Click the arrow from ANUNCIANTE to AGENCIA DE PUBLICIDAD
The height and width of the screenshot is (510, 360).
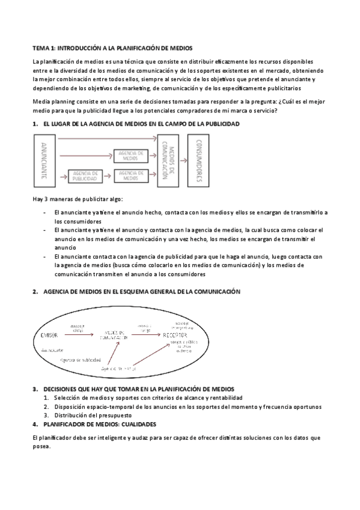pyautogui.click(x=61, y=177)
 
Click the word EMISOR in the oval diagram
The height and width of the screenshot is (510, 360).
pyautogui.click(x=47, y=334)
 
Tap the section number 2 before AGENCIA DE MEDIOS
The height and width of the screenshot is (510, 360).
pyautogui.click(x=34, y=292)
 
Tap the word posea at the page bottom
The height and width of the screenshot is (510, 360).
pyautogui.click(x=41, y=447)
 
